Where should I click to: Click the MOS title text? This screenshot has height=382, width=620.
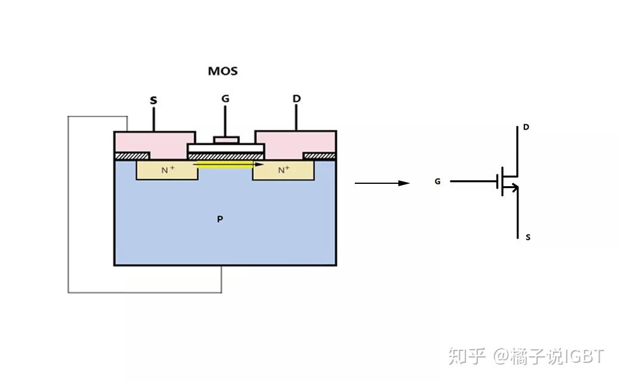[x=223, y=71]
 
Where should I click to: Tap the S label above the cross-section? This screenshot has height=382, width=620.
[x=154, y=100]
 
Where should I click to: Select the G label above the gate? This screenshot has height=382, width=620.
[x=225, y=98]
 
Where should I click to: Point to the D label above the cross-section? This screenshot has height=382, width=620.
[x=296, y=98]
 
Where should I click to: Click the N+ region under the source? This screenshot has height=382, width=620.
[x=168, y=170]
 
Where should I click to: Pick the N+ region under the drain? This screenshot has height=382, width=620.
[x=284, y=170]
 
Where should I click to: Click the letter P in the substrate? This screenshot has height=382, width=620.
[x=220, y=219]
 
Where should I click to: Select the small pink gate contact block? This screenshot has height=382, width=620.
[x=226, y=140]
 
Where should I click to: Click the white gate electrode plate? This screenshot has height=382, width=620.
[x=226, y=147]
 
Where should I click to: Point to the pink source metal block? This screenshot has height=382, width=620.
[x=154, y=142]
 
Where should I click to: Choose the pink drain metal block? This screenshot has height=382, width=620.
[x=296, y=142]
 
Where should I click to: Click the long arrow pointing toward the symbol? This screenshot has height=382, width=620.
[x=382, y=183]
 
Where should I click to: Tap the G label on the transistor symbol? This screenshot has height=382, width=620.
[x=438, y=181]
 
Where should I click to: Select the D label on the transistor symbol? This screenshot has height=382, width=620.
[x=526, y=127]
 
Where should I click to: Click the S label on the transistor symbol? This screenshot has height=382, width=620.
[x=527, y=237]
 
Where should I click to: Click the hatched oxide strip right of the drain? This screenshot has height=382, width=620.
[x=319, y=156]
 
